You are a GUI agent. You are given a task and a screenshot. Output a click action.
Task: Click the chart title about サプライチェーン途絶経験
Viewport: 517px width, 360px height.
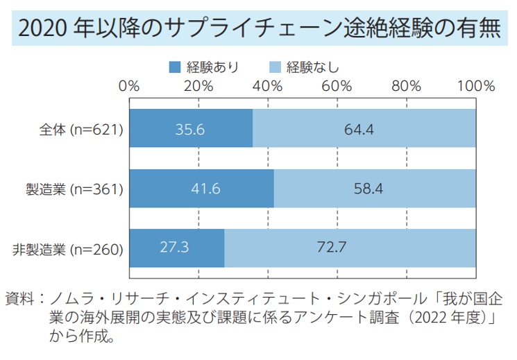point(258,28)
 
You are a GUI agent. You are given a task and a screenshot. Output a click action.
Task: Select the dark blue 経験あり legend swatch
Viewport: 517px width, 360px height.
point(174,67)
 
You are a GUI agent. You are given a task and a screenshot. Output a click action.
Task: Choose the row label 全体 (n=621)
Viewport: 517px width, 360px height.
point(81,129)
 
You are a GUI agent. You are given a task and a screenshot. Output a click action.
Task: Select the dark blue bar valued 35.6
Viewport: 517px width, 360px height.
point(191,129)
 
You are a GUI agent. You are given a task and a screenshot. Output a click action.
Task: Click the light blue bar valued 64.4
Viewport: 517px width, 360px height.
point(364,129)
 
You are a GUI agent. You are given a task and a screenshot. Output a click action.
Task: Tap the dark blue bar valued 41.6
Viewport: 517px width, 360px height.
point(201,188)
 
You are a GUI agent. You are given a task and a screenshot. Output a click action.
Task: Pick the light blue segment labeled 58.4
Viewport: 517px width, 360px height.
point(375,188)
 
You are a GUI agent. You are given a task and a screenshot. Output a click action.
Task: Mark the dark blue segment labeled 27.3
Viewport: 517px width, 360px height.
point(177,248)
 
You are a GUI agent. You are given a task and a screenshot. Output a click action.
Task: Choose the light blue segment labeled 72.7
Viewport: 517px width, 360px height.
point(350,248)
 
